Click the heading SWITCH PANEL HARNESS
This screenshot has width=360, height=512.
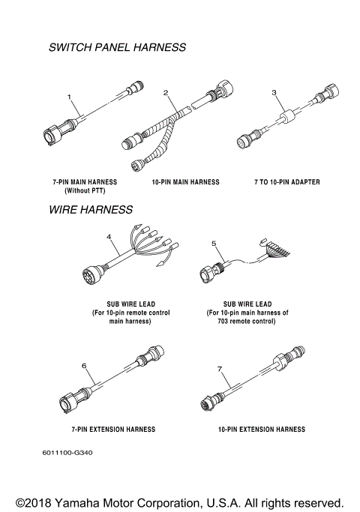coord(116,47)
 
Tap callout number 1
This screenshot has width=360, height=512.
coord(69,97)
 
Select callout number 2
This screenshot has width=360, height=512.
coord(167,92)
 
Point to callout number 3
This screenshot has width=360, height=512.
coord(274,92)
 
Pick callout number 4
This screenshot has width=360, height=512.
coord(109,237)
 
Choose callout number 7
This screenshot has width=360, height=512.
coord(219,370)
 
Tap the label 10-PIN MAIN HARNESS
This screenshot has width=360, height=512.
coord(185,181)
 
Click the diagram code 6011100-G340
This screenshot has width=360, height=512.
coord(68,453)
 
